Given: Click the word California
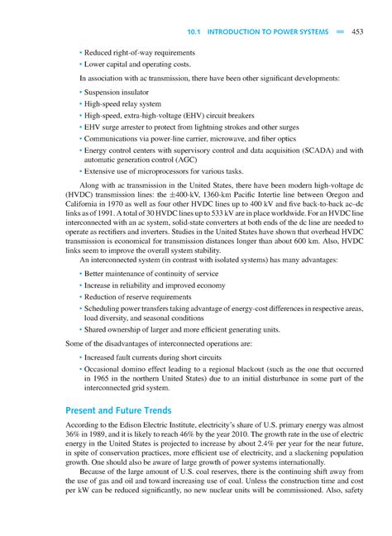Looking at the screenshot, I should [84, 202].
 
